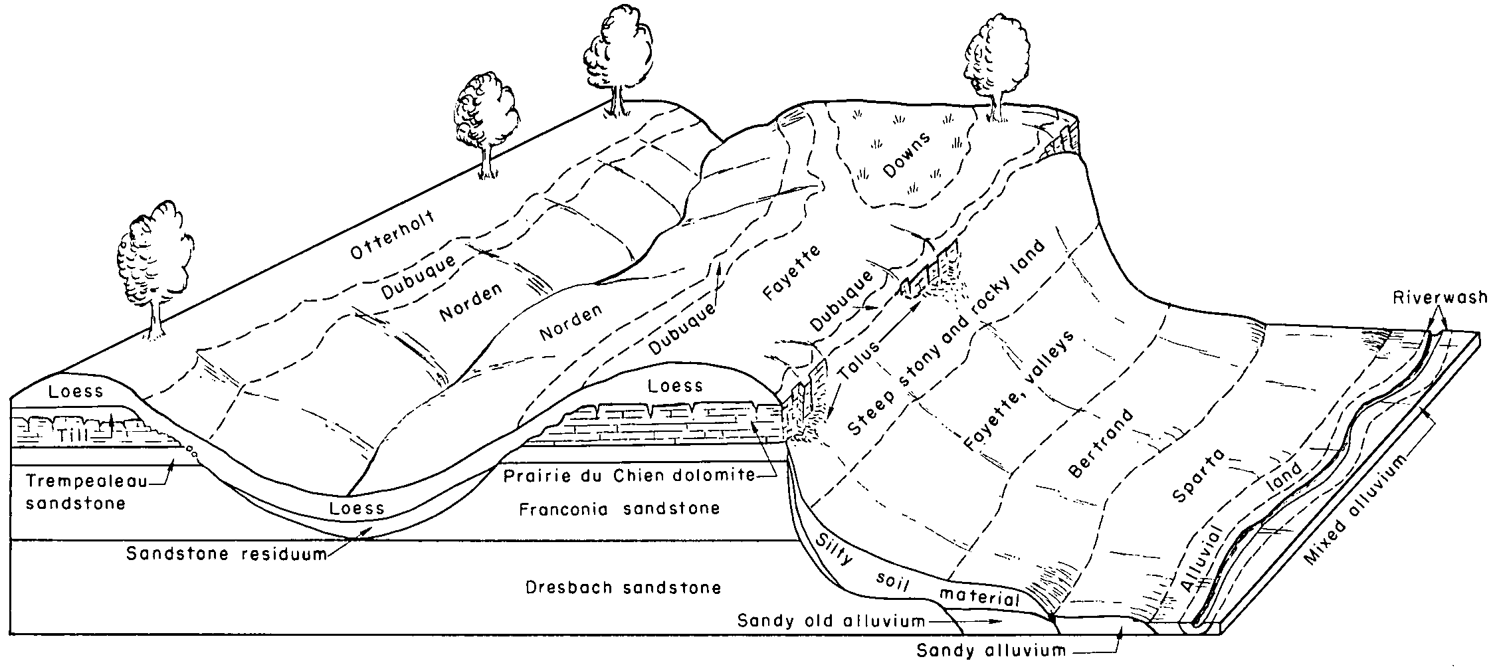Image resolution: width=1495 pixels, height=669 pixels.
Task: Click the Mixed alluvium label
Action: [x=1359, y=508]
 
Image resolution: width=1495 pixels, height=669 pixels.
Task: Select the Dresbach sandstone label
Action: [x=623, y=588]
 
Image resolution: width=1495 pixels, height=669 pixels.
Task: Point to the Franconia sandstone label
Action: [x=619, y=509]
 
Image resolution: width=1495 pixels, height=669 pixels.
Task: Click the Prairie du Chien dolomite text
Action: [x=629, y=475]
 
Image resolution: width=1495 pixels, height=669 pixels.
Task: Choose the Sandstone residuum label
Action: [x=227, y=553]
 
